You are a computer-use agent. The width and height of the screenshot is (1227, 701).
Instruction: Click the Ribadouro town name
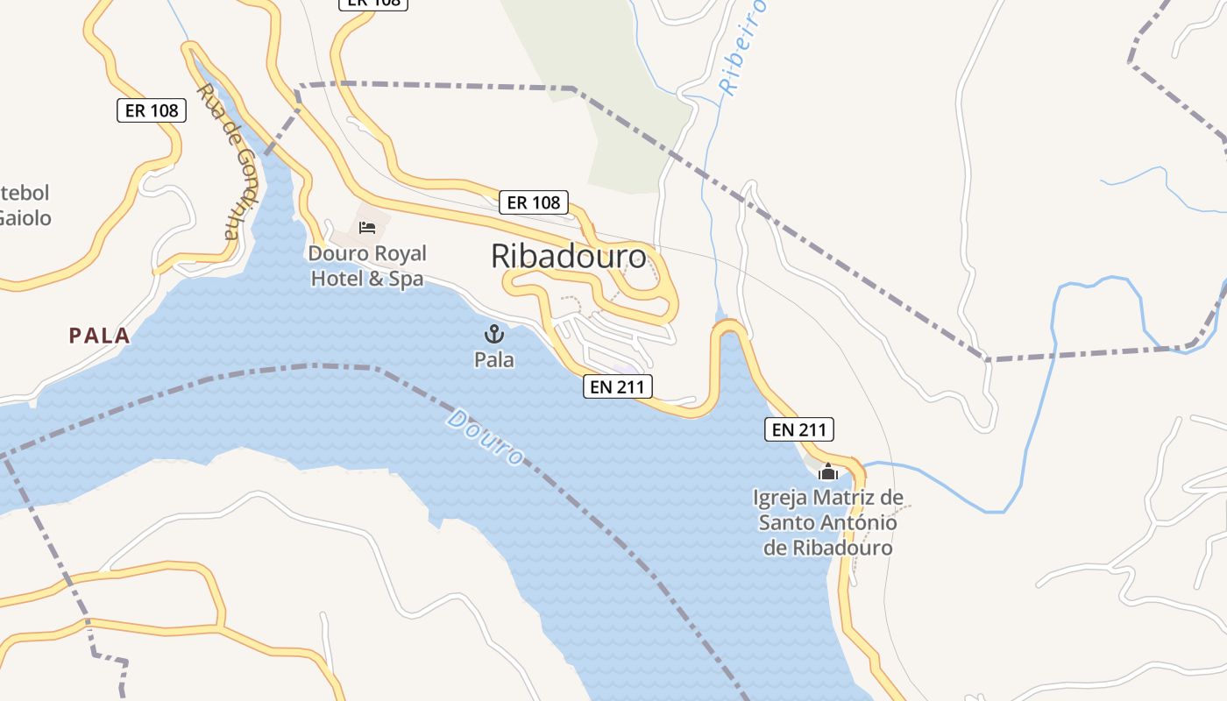click(569, 257)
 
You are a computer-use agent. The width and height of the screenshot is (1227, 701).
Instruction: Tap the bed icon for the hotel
click(367, 228)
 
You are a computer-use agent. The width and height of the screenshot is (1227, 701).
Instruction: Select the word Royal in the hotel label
click(399, 254)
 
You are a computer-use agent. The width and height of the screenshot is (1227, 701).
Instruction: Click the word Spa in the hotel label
click(407, 280)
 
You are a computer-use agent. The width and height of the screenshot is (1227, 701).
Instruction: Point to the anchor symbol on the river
click(494, 334)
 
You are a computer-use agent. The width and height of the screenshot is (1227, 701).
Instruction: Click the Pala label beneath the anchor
click(494, 359)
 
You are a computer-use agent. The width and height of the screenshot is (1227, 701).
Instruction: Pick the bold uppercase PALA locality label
click(99, 336)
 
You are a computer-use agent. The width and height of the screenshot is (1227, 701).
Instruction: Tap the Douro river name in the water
click(485, 436)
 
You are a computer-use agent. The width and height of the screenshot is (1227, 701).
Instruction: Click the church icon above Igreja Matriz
click(827, 472)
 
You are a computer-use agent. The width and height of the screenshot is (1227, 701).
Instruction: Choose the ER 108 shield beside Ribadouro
click(534, 202)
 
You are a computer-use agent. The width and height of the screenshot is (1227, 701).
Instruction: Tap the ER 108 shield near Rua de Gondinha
click(151, 110)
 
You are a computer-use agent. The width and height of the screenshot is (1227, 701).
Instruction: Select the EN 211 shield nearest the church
click(799, 429)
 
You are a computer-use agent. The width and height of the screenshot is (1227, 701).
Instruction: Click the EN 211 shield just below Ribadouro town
click(618, 386)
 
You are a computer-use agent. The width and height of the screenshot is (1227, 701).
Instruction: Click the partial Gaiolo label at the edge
click(25, 218)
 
